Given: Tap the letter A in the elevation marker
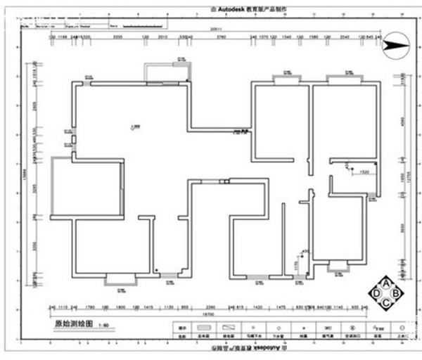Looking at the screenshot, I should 386,281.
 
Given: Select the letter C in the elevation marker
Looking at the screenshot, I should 386,303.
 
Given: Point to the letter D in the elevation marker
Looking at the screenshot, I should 376,292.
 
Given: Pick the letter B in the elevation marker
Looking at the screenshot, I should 397,292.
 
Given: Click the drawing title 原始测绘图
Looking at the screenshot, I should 72,325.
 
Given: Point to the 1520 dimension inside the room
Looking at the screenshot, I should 364,172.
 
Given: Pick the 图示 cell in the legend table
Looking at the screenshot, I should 182,328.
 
